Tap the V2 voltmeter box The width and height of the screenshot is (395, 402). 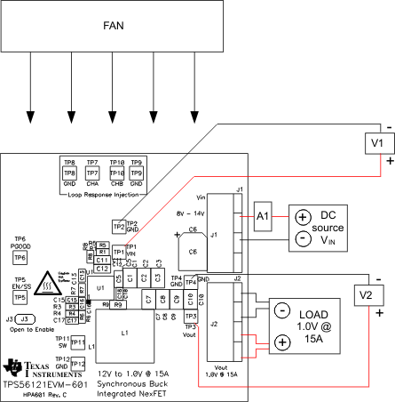point(365,293)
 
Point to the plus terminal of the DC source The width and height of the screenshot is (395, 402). point(303,217)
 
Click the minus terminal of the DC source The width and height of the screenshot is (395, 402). point(303,239)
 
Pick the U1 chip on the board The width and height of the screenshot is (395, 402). point(100,288)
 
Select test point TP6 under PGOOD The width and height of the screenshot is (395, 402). point(20,257)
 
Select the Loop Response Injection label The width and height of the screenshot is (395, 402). point(104,194)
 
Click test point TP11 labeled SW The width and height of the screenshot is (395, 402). point(77,343)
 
